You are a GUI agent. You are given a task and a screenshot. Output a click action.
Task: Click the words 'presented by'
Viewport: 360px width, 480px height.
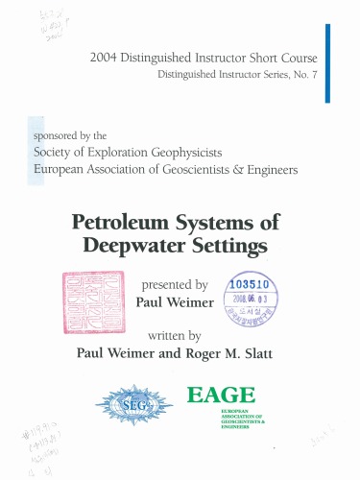point(175,285)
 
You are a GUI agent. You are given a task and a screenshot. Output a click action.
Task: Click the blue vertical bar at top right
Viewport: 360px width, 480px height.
point(328,62)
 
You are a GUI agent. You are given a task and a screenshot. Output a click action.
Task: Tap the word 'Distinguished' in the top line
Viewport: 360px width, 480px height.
point(158,58)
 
